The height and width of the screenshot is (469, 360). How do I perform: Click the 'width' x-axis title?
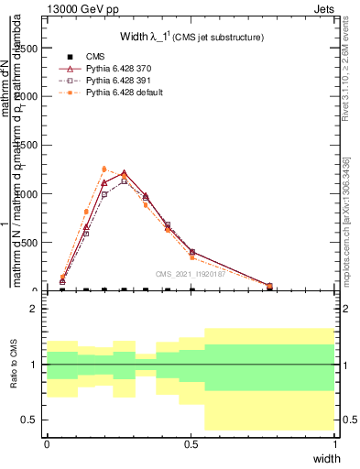pos(326,457)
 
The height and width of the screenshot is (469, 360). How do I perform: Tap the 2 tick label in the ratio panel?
pos(34,310)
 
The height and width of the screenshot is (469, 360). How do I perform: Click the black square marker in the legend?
pos(70,58)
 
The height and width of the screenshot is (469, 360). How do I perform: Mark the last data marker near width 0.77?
pos(269,286)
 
